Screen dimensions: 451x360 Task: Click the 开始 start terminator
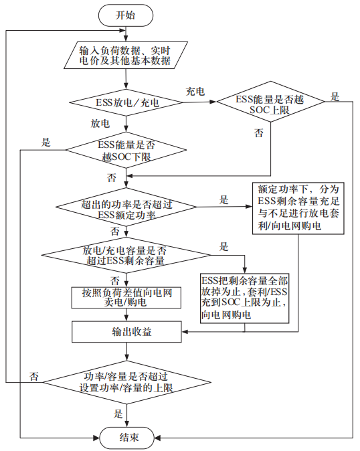(125, 15)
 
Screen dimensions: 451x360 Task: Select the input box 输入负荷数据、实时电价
(125, 56)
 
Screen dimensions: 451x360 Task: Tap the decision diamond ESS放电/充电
(125, 103)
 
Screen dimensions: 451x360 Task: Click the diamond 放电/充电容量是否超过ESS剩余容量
(125, 255)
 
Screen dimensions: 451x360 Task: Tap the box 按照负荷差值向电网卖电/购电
(125, 297)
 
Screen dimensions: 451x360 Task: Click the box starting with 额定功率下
(298, 207)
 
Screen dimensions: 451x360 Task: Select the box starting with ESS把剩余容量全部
(245, 296)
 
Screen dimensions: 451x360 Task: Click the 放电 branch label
(101, 124)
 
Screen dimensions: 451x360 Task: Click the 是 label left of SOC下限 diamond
(46, 142)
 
